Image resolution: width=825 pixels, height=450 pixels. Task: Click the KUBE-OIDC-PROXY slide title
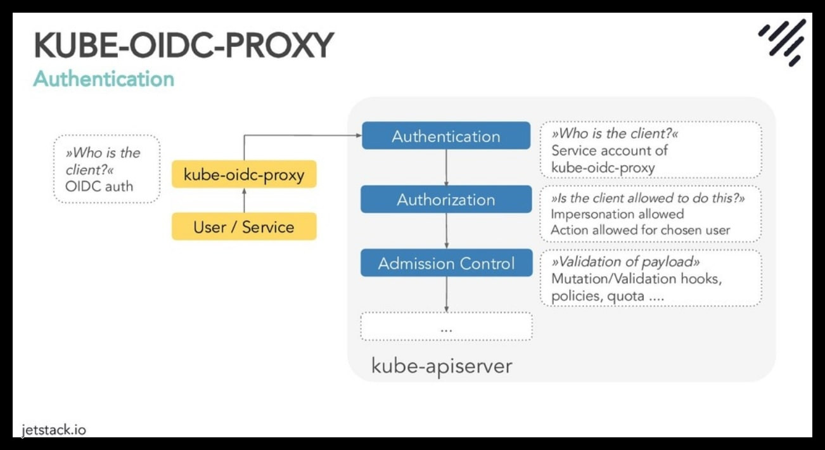[x=184, y=46]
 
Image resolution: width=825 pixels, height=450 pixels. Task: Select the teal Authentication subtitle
[x=103, y=79]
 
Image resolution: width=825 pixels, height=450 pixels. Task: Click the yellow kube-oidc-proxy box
[x=244, y=174]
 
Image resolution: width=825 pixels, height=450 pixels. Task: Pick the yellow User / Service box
[x=244, y=226]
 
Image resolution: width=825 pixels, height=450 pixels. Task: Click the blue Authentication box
[x=446, y=136]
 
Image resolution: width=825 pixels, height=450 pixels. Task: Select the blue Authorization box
[x=446, y=200]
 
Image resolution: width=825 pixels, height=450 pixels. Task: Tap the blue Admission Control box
[x=446, y=263]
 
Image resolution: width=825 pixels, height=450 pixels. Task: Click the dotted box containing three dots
[x=446, y=327]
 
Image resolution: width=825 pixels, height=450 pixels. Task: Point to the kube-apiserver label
[x=441, y=366]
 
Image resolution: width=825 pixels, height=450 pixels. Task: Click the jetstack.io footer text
[x=53, y=430]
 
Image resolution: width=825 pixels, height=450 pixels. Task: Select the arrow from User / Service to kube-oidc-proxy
[x=244, y=200]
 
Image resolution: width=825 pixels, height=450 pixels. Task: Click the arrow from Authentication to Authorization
[x=447, y=167]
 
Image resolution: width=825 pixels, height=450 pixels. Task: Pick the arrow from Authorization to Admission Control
[x=447, y=231]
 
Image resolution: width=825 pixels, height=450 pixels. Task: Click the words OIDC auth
[x=99, y=187]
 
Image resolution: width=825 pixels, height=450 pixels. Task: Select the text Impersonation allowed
[x=617, y=214]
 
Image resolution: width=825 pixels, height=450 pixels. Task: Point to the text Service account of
[x=609, y=151]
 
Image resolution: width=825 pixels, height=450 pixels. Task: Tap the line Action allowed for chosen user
[x=640, y=230]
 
